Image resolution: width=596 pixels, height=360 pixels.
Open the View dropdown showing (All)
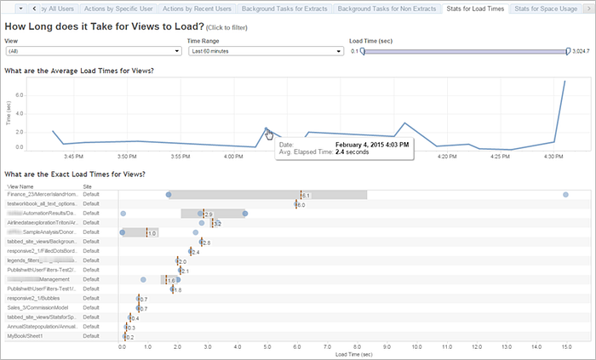click(93, 51)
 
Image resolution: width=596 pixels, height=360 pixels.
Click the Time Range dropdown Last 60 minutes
click(266, 51)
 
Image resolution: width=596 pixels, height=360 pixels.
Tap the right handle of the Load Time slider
click(568, 51)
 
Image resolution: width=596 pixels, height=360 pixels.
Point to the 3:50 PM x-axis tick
click(126, 156)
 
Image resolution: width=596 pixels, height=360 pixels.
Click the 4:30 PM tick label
click(553, 156)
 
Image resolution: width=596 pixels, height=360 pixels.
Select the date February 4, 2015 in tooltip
click(373, 144)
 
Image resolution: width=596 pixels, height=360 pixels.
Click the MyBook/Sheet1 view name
click(26, 336)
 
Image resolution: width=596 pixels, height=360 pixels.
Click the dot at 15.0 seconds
click(566, 195)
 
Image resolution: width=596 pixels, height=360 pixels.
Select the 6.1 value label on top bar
click(306, 196)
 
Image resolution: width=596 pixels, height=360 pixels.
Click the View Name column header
click(21, 186)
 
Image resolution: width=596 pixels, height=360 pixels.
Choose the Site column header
click(88, 186)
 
